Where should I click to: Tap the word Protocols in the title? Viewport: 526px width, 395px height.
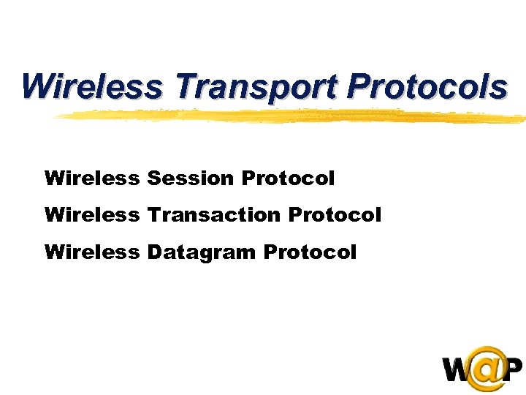pyautogui.click(x=427, y=86)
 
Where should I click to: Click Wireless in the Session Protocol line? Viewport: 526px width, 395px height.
pyautogui.click(x=91, y=178)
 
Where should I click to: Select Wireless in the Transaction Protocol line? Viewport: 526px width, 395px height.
pyautogui.click(x=91, y=215)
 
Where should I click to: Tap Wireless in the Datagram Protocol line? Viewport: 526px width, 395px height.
pyautogui.click(x=91, y=252)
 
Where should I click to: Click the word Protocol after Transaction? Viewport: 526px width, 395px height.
pyautogui.click(x=335, y=215)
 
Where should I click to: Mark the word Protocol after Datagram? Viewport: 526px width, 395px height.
pyautogui.click(x=310, y=252)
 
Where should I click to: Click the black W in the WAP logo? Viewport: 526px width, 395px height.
pyautogui.click(x=458, y=370)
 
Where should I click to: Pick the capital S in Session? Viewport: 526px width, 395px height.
pyautogui.click(x=153, y=178)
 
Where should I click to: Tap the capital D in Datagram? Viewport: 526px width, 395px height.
pyautogui.click(x=154, y=252)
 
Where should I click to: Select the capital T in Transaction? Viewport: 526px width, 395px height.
pyautogui.click(x=153, y=215)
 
